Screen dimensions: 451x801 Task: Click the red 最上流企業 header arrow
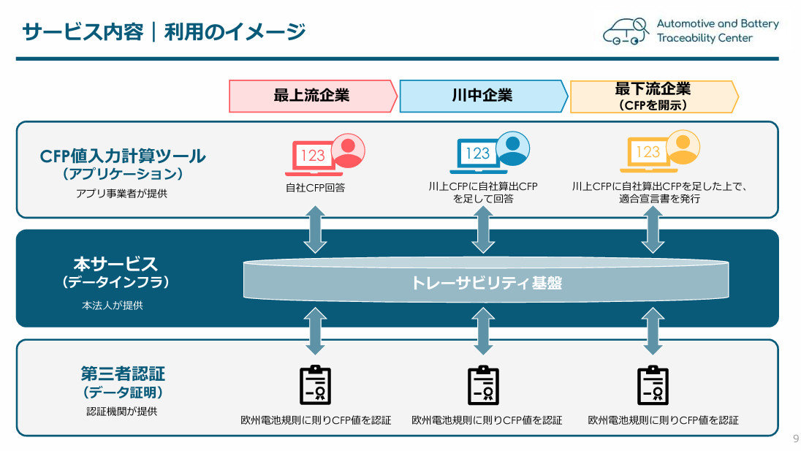(312, 96)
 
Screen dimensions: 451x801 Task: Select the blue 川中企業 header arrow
(482, 96)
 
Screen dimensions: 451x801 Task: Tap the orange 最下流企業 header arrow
(653, 96)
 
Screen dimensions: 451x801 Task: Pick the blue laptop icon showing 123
(478, 154)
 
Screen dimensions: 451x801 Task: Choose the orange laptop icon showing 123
(648, 153)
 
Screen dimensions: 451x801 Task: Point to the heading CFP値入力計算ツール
(123, 156)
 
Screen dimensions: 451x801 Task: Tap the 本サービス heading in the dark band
(115, 263)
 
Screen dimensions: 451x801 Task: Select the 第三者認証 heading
(123, 374)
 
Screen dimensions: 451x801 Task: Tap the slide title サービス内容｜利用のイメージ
(164, 31)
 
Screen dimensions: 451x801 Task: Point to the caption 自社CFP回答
(315, 187)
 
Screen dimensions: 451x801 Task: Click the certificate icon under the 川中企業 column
(483, 385)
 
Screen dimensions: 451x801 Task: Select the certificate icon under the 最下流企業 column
(653, 385)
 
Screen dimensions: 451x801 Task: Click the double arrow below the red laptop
(315, 229)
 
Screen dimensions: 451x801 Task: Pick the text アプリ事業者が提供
(121, 194)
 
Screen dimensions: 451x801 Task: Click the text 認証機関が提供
(121, 411)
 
